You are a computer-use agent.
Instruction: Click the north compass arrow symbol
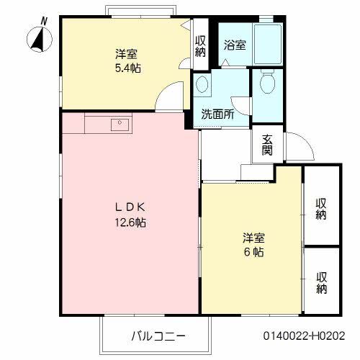point(37,37)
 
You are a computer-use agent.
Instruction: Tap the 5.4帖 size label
point(126,68)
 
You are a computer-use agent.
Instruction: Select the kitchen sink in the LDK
point(118,125)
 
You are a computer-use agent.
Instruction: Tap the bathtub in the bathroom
point(267,43)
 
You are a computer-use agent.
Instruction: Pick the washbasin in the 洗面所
point(202,85)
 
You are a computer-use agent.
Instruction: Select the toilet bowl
point(267,84)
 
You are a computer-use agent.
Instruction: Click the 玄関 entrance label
point(267,145)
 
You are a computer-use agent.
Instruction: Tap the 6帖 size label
point(252,253)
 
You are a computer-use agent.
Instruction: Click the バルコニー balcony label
point(158,336)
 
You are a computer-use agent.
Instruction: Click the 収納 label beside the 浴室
point(200,45)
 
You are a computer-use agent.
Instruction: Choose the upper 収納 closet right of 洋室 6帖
point(321,207)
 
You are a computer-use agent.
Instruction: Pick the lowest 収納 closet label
point(321,282)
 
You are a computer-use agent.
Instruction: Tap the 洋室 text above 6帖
point(252,238)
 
